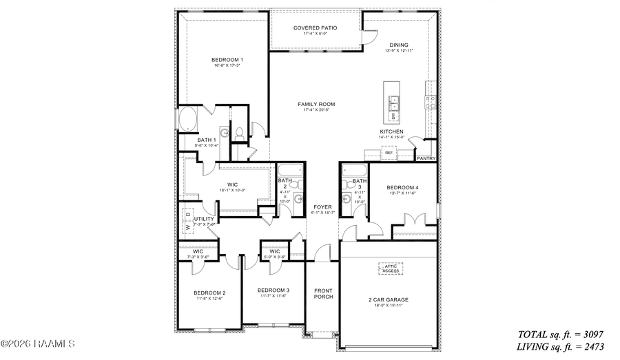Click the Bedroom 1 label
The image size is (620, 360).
point(227,61)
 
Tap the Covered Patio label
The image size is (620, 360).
point(315,28)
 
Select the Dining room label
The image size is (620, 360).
point(398,45)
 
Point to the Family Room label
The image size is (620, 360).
point(316,105)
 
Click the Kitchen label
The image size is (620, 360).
point(391,132)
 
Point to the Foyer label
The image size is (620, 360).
point(322,207)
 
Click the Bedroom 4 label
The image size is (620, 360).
point(402,188)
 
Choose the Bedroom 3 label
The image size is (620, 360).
point(274,290)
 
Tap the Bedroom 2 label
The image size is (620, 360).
point(209,293)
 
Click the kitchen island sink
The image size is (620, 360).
point(395,104)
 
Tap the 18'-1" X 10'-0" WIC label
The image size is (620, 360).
point(233,185)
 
